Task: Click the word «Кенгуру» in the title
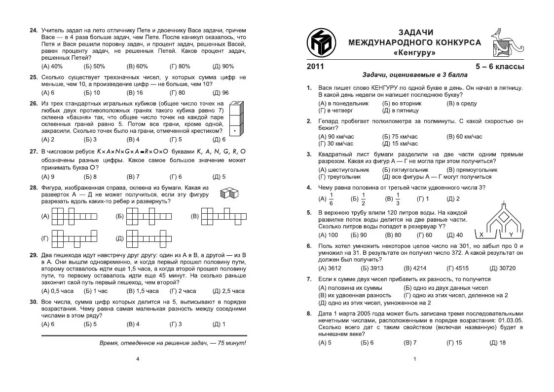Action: pyautogui.click(x=414, y=52)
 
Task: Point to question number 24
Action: pyautogui.click(x=34, y=31)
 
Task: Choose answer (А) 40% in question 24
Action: pyautogui.click(x=52, y=66)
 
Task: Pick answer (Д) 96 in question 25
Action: pyautogui.click(x=221, y=92)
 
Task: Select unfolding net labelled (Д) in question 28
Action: pyautogui.click(x=146, y=238)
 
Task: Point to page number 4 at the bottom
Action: pyautogui.click(x=138, y=359)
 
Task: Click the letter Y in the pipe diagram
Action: pyautogui.click(x=511, y=235)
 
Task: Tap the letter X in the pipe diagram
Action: pyautogui.click(x=480, y=235)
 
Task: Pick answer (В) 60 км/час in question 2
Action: pyautogui.click(x=464, y=136)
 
